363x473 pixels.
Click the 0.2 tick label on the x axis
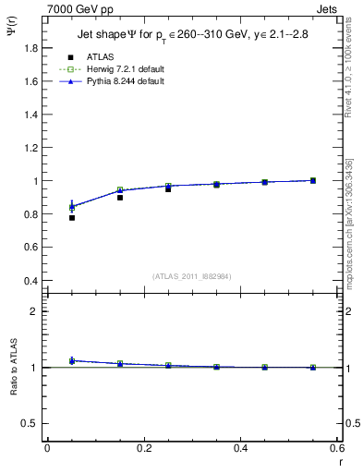pyautogui.click(x=144, y=448)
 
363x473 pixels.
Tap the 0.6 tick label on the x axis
pyautogui.click(x=337, y=448)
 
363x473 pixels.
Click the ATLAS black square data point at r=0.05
pyautogui.click(x=72, y=218)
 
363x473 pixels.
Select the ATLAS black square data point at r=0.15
pyautogui.click(x=120, y=198)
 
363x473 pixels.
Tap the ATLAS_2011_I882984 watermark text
pyautogui.click(x=192, y=275)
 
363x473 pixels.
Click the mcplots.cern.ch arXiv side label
pyautogui.click(x=349, y=222)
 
